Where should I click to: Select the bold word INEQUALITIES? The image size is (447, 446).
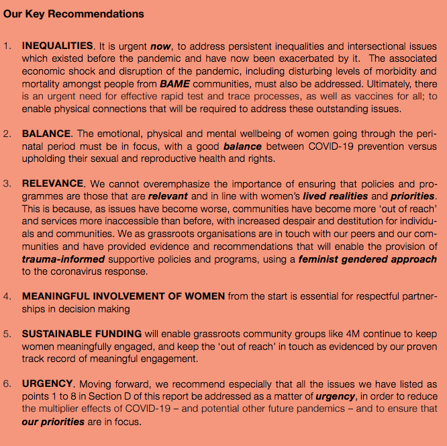coord(57,46)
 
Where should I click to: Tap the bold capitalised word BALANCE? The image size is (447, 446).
coord(44,134)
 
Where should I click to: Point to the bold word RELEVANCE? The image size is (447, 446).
coord(53,183)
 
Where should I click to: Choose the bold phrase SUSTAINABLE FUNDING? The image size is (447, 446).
coord(82,333)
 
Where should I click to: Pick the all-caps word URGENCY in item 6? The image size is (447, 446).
coord(47,384)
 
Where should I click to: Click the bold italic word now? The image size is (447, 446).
coord(160,46)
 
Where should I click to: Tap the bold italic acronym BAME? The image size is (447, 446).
coord(175,84)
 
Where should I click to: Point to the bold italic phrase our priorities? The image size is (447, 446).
coord(53,421)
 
